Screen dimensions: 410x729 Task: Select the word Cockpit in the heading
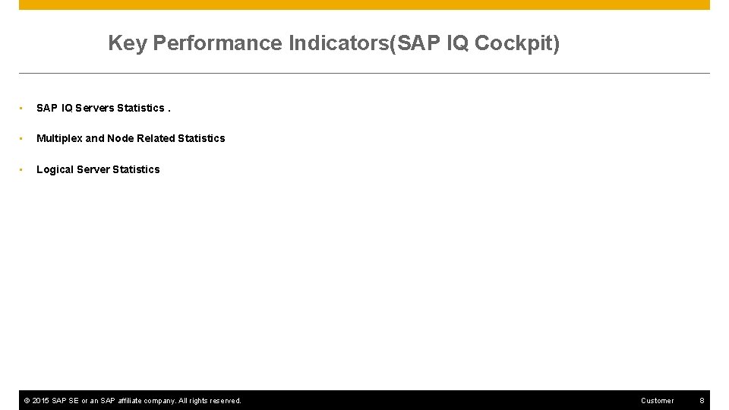coord(516,43)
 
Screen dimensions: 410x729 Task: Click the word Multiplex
coord(59,138)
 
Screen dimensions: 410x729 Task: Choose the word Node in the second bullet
coord(120,138)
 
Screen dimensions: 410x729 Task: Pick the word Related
coord(156,138)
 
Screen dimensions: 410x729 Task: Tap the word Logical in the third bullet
coord(55,169)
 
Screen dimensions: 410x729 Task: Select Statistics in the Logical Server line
coord(136,169)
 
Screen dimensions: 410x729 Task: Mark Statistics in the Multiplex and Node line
coord(201,138)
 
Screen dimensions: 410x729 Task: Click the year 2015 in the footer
coord(41,401)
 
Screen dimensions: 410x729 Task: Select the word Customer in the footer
coord(657,401)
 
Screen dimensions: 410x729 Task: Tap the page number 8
coord(702,401)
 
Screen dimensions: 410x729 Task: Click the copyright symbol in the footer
coord(27,401)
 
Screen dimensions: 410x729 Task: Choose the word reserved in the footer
coord(222,401)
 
